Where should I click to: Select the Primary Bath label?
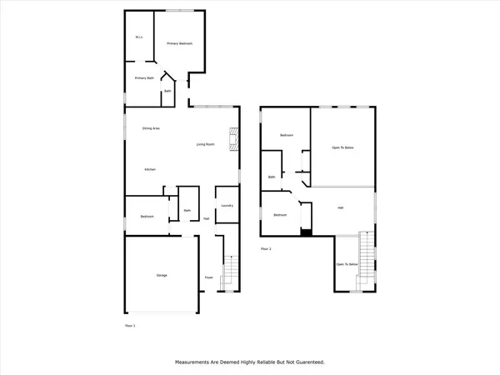coord(144,78)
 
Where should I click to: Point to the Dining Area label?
coord(151,128)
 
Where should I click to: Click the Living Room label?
coord(206,145)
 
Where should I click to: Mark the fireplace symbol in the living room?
coord(234,137)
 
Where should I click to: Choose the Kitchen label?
coord(150,169)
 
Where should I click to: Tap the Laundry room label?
coord(226,205)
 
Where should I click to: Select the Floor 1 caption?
coord(130,325)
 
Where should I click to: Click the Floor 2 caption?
coord(266,248)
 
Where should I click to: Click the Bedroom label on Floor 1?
coord(147,217)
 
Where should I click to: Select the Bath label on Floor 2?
coord(272,177)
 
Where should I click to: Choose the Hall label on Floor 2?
coord(340,207)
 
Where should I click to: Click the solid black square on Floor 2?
coord(306,232)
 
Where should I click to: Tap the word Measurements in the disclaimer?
coord(197,362)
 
